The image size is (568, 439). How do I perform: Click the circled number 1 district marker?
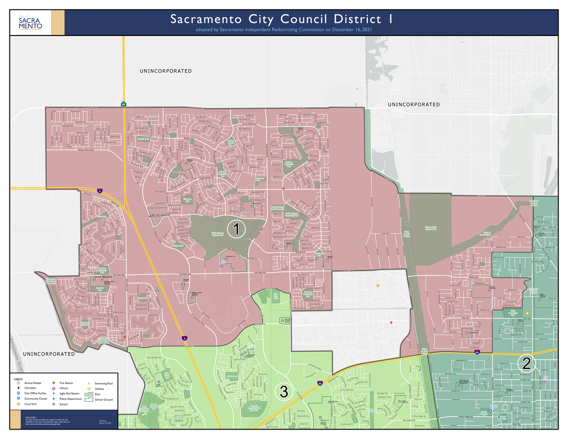[236, 229]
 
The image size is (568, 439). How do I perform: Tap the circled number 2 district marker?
[526, 363]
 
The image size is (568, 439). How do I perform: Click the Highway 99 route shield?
[124, 104]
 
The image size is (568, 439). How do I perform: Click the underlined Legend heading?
[18, 379]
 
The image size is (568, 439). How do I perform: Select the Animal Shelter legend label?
[33, 383]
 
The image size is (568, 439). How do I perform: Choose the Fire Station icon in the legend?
[53, 383]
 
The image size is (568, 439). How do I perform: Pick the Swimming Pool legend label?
[104, 383]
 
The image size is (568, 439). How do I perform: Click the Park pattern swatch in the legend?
[89, 394]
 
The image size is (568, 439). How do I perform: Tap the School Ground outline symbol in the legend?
[89, 400]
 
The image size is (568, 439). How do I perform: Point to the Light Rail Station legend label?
[70, 394]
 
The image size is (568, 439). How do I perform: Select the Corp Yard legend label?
[30, 404]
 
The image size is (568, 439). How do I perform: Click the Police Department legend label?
[71, 399]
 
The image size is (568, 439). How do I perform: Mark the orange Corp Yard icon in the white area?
[378, 285]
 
